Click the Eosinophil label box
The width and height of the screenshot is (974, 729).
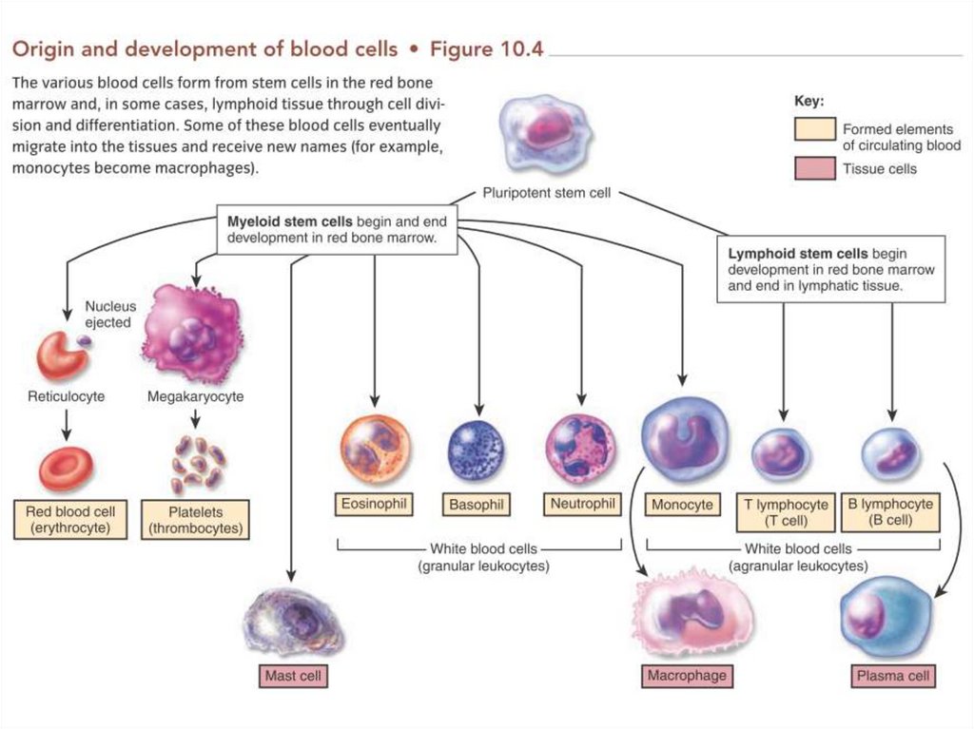(374, 504)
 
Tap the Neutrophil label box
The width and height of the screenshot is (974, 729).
(581, 503)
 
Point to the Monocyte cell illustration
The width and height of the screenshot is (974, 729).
(684, 440)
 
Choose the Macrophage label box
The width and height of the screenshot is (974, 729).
(686, 676)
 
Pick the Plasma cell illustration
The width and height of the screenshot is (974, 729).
(886, 618)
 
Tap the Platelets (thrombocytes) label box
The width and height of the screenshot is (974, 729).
(195, 520)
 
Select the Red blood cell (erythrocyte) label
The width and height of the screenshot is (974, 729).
(70, 519)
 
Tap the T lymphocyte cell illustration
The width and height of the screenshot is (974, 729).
(782, 454)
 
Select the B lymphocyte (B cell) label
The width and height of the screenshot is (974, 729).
(890, 512)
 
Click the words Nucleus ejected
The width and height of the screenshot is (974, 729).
(108, 315)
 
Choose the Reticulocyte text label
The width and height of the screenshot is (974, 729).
(67, 396)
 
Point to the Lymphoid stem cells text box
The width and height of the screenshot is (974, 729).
(830, 269)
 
